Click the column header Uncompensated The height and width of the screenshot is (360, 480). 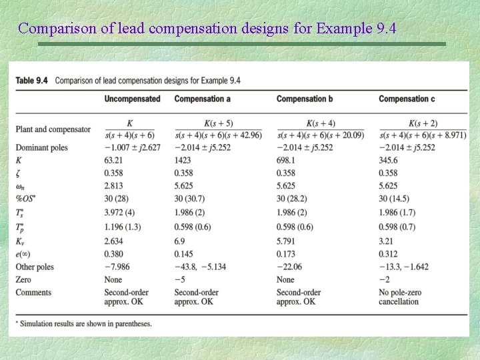coord(132,99)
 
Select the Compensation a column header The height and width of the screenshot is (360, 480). coord(203,99)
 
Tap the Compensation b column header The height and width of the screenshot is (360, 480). coord(305,99)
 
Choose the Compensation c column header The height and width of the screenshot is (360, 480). coord(407,99)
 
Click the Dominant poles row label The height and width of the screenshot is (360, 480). coord(43,147)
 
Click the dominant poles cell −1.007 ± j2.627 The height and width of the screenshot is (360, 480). coord(133,147)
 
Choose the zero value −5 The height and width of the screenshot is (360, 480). coord(179,280)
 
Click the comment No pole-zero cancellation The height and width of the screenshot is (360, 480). coord(399,297)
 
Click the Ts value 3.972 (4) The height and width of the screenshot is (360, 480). coord(123,212)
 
